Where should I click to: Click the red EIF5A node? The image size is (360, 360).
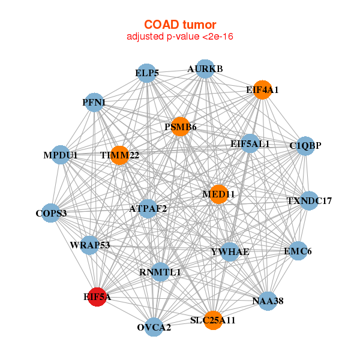(97, 297)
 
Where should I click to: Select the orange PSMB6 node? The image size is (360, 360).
(181, 127)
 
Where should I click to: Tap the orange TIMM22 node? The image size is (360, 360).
(119, 155)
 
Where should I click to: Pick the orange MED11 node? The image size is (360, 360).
(218, 194)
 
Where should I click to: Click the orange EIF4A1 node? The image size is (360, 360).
(262, 90)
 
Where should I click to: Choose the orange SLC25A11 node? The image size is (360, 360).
(213, 320)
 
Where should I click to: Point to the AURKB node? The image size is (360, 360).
(205, 69)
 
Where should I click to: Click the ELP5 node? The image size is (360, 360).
(146, 73)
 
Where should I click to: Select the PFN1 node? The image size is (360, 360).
(94, 103)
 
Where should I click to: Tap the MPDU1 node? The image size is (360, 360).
(61, 155)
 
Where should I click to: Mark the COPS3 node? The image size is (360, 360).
(51, 213)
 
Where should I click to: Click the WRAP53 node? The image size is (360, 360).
(90, 245)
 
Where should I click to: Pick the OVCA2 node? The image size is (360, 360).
(154, 327)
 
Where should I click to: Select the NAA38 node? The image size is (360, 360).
(268, 301)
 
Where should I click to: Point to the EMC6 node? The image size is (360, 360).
(298, 251)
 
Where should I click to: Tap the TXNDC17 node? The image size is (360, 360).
(309, 200)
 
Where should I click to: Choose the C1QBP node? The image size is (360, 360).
(305, 146)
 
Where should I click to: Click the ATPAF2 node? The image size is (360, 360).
(148, 209)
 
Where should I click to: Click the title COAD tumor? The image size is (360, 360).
(180, 25)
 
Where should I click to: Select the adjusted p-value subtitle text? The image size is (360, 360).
(180, 37)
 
